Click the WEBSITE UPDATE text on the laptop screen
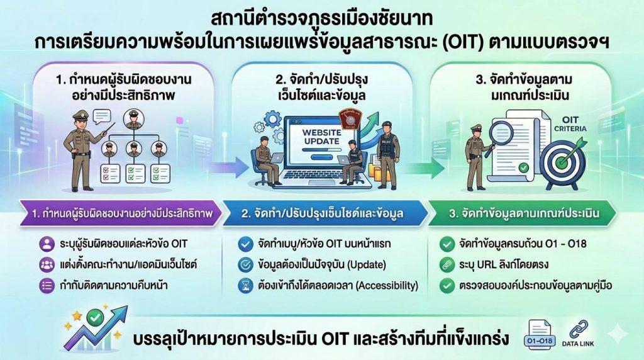point(321,137)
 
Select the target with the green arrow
point(563,162)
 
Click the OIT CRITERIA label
point(570,124)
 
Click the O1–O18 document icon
point(540,335)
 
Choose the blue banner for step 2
point(324,213)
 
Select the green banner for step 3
point(521,213)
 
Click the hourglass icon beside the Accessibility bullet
point(246,286)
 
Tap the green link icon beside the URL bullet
point(447,265)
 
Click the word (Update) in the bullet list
point(367,265)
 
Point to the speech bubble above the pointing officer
point(101,116)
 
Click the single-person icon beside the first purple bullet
point(47,244)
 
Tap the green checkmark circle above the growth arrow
point(96,317)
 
